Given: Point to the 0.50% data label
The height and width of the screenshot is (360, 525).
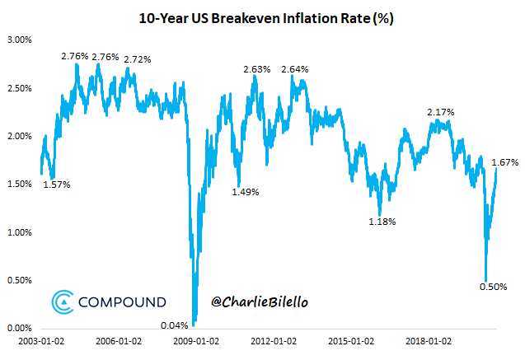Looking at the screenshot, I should click(493, 287).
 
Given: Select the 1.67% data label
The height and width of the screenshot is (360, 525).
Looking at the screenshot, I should click(505, 162).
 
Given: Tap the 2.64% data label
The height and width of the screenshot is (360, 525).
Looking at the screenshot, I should click(295, 69).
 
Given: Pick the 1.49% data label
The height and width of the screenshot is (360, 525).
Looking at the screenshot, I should click(246, 192).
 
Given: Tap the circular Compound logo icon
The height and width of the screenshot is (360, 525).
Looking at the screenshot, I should click(61, 302).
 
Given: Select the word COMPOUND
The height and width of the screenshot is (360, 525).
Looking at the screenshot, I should click(122, 302).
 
